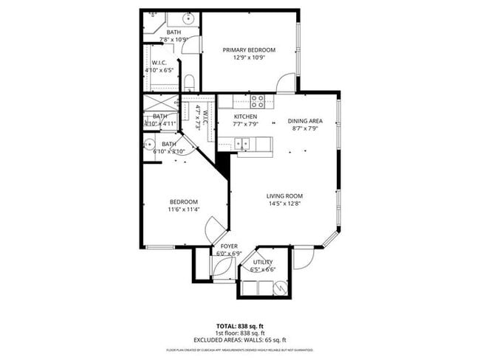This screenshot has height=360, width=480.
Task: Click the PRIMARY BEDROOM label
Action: pyautogui.click(x=249, y=50)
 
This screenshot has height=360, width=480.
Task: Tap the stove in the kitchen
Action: pyautogui.click(x=257, y=101)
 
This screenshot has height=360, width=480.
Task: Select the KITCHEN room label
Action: pyautogui.click(x=245, y=117)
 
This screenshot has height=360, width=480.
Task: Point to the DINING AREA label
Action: pyautogui.click(x=305, y=121)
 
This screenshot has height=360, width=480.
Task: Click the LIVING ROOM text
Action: pyautogui.click(x=285, y=195)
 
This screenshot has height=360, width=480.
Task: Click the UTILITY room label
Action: pyautogui.click(x=263, y=262)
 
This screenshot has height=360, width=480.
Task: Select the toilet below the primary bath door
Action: pyautogui.click(x=188, y=80)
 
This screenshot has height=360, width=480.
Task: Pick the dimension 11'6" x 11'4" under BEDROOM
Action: pyautogui.click(x=183, y=210)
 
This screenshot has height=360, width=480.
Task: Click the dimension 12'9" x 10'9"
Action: pyautogui.click(x=249, y=58)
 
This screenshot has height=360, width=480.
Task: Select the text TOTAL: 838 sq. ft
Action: pyautogui.click(x=239, y=325)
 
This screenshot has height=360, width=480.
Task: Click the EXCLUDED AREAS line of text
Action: pyautogui.click(x=239, y=339)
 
